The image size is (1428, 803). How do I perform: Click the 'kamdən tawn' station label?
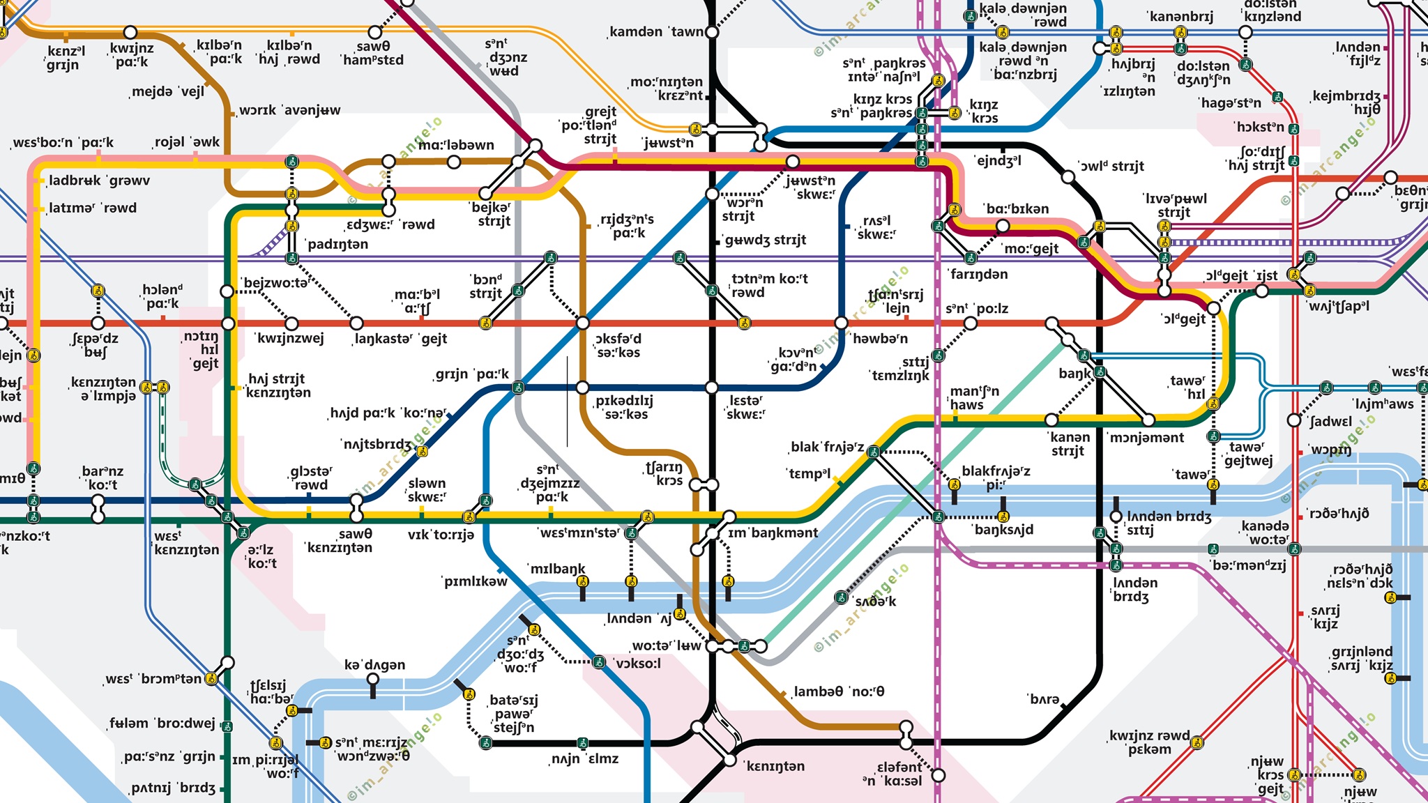point(655,32)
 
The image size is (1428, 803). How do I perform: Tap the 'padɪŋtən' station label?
point(337,244)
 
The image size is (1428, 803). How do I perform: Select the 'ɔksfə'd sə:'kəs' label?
point(618,345)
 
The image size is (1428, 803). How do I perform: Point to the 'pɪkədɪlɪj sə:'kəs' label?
point(623,407)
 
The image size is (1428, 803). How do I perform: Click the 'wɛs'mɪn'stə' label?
point(579,533)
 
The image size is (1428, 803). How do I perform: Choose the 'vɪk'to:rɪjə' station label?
point(441,535)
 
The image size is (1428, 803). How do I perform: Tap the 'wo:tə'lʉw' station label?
point(667,645)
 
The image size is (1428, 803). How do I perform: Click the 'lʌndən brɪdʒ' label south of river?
point(1135,589)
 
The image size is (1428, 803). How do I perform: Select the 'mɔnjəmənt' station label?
point(1146,438)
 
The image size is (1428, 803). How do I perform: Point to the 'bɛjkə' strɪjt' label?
point(492,214)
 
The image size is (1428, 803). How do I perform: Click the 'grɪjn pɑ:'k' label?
point(471,374)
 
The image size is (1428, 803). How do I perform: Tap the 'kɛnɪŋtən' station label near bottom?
point(775,767)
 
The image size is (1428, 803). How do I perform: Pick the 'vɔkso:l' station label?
point(638,663)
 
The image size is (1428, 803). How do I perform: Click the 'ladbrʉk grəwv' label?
point(99,181)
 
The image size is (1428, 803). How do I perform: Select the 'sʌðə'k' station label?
point(876,601)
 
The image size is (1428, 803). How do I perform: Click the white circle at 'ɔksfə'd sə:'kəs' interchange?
point(583,323)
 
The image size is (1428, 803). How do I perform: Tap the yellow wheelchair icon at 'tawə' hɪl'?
point(1213,404)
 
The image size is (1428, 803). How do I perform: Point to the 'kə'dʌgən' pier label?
point(374,664)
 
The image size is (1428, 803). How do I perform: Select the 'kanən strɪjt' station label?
point(1068,444)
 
